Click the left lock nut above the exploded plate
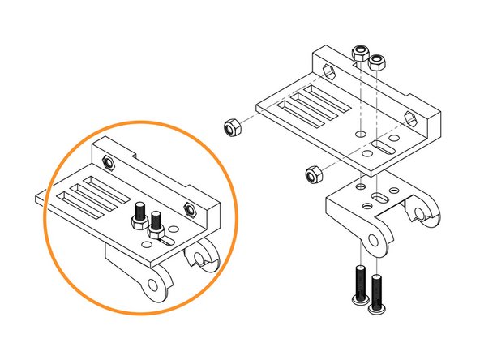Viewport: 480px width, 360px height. [x=360, y=55]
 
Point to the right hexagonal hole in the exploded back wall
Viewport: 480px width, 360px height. [x=414, y=118]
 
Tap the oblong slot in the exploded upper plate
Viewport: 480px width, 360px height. [x=385, y=148]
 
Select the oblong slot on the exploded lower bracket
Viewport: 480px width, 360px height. [x=379, y=197]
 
